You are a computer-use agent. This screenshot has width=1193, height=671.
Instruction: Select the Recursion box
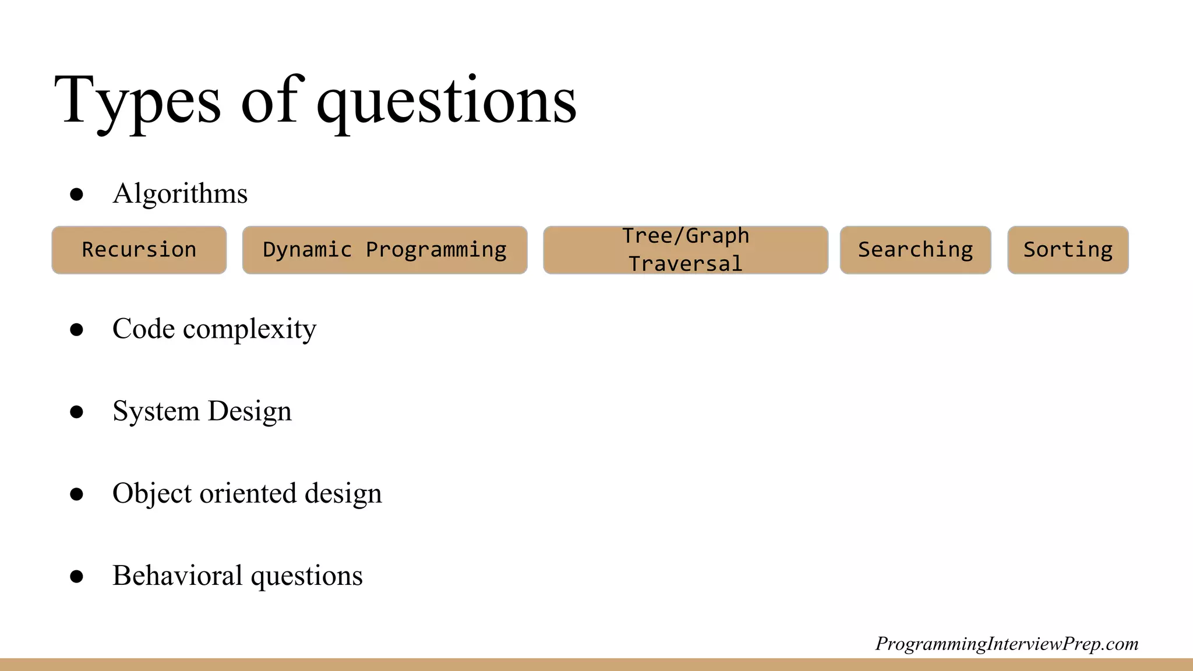pos(139,250)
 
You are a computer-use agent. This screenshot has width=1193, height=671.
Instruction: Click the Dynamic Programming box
pos(384,250)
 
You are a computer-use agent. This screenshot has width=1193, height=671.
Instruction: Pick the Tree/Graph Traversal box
pos(686,250)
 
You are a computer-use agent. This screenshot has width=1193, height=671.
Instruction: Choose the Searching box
pos(915,250)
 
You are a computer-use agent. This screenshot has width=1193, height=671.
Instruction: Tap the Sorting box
pos(1068,250)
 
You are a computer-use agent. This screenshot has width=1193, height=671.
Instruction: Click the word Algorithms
pos(180,194)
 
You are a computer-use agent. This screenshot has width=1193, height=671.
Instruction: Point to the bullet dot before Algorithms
pos(76,195)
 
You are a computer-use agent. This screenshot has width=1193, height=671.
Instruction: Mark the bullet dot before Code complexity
pos(76,330)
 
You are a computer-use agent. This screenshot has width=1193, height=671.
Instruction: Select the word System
pos(156,411)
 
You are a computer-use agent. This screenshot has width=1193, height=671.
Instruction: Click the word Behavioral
pos(177,575)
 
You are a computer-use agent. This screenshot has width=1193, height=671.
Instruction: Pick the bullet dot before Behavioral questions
pos(76,576)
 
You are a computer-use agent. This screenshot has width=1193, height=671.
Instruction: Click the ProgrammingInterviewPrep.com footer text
pos(1007,644)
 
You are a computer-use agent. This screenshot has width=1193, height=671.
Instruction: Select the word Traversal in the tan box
pos(686,264)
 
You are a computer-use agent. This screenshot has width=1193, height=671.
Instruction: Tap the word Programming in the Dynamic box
pos(436,250)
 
